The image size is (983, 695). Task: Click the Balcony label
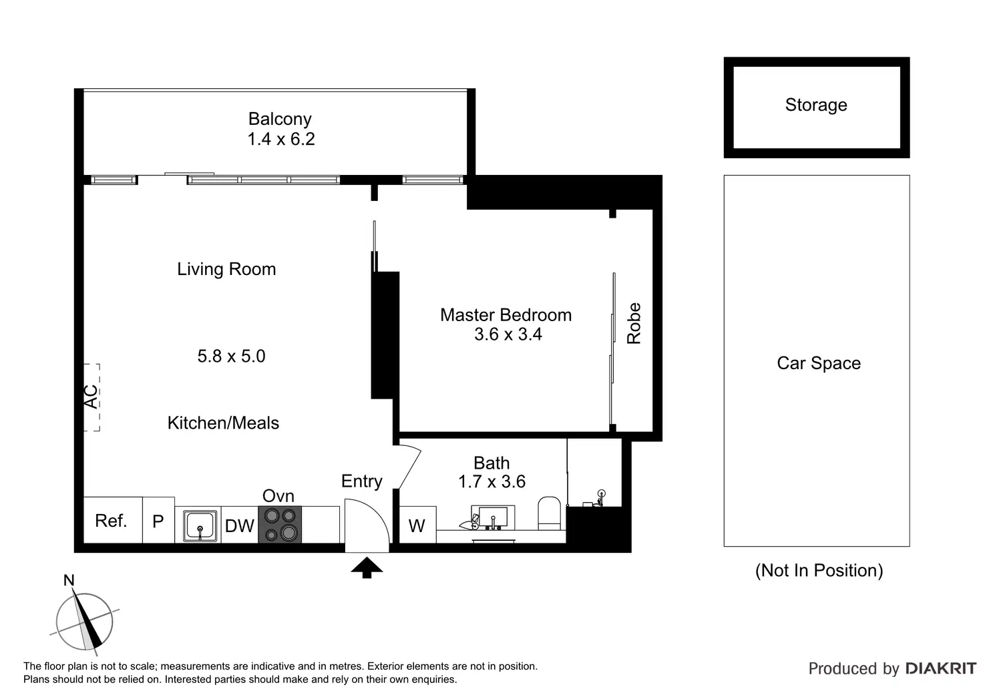click(x=280, y=119)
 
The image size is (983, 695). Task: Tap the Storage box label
click(x=816, y=105)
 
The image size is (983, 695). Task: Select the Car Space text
click(x=819, y=363)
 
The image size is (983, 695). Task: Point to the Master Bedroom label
click(x=506, y=315)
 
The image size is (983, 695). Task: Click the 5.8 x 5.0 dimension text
click(x=231, y=356)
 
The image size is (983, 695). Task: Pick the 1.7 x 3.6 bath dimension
click(x=491, y=481)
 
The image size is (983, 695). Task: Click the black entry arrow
click(x=367, y=567)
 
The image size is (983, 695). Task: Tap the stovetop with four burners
click(x=280, y=524)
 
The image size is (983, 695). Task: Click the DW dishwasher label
click(x=239, y=526)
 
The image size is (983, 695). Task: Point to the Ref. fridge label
click(x=111, y=521)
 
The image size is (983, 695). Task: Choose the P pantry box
click(x=158, y=521)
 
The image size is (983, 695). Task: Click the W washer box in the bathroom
click(x=417, y=526)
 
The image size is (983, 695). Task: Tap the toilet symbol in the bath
click(x=550, y=513)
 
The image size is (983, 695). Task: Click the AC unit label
click(x=91, y=397)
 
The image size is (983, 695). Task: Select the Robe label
click(x=634, y=324)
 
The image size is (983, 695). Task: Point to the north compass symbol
click(x=83, y=620)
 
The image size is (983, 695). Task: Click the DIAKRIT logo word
click(x=940, y=668)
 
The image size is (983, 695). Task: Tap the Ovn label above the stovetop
click(x=278, y=496)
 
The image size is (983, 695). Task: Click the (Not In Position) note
click(x=819, y=570)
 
